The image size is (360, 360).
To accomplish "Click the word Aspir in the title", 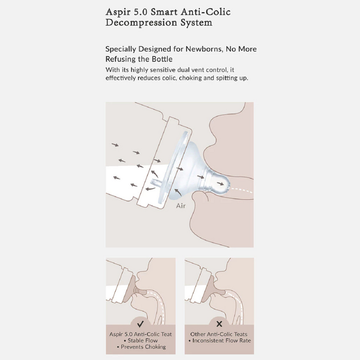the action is pos(118,12).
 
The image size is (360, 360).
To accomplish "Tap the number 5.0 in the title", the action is pos(140,12).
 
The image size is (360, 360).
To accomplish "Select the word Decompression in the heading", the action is pos(141,23).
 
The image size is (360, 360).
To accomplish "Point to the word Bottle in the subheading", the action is pos(162,59).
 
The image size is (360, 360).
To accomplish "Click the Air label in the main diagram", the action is pos(180,206).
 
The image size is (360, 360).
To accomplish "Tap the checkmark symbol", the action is pos(140,324).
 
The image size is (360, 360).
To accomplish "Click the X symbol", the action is pos(219,324).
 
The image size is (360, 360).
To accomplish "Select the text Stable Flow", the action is pos(143,340).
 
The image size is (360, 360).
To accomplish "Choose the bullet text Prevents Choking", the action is pos(143,347).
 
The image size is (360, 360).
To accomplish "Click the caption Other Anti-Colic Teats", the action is pos(219,334).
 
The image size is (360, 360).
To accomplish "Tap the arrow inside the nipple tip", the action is pos(220,184).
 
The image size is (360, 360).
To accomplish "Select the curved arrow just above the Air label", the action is pos(178,192).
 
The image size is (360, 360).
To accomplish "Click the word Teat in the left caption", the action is pos(166,334).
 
